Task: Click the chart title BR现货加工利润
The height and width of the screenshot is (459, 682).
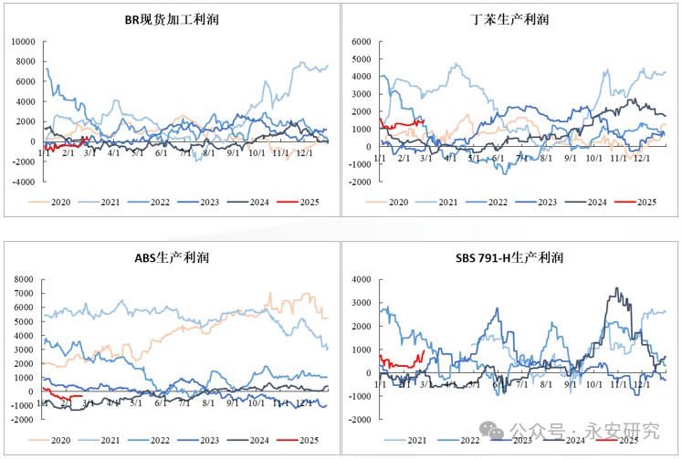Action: (x=172, y=19)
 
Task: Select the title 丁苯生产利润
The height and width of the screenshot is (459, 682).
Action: (x=510, y=19)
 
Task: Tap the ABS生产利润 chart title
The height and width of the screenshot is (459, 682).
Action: (x=172, y=258)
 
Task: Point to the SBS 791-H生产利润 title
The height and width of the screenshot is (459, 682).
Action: (x=510, y=258)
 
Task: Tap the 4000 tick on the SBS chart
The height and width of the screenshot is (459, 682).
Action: (x=359, y=279)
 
